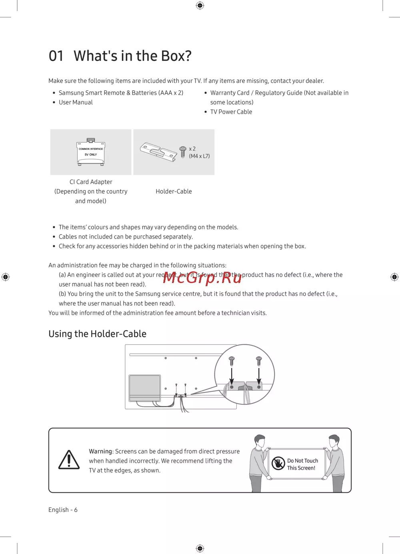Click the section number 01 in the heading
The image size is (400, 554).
coord(56,56)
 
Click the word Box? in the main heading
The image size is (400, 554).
coord(176,56)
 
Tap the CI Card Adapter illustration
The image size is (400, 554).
coord(91,152)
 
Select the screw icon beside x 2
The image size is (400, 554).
coord(183,152)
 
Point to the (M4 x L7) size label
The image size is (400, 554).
coord(199,156)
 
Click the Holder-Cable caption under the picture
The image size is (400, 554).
coord(174,191)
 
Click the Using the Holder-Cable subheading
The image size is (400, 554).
coord(97,334)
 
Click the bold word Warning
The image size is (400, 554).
coord(100,451)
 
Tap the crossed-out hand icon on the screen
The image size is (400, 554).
coord(278,464)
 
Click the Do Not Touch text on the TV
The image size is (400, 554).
coord(302,461)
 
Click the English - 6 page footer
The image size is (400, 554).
coord(63,510)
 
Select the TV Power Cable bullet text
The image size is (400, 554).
coord(231,112)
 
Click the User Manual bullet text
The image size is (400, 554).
coord(76,102)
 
